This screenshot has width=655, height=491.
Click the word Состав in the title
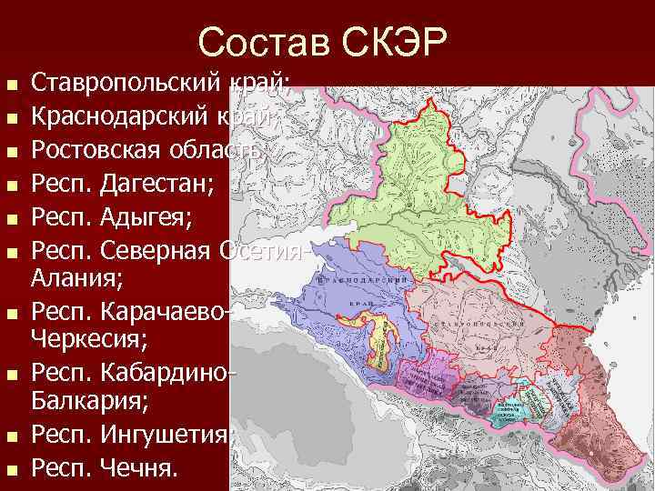point(263,42)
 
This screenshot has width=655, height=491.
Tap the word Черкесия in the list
point(87,339)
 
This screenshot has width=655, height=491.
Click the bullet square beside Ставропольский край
point(12,87)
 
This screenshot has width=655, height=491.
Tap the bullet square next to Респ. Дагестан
point(12,185)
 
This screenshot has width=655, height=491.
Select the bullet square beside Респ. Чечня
point(12,470)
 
